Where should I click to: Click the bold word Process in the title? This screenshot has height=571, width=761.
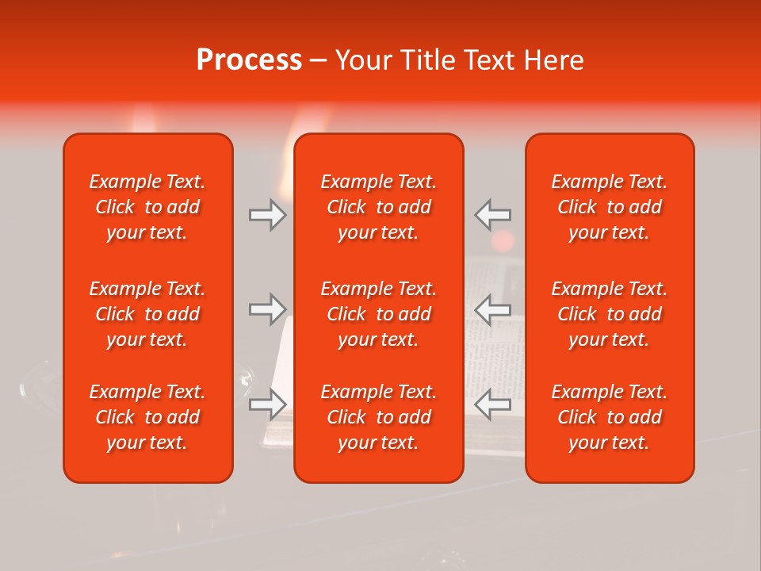(249, 60)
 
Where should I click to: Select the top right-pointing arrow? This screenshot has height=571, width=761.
(267, 215)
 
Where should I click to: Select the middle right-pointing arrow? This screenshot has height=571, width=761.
(267, 309)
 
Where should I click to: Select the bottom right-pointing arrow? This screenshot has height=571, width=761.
(267, 404)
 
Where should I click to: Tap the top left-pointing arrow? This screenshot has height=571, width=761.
(493, 215)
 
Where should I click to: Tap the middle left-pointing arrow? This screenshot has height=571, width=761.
(493, 309)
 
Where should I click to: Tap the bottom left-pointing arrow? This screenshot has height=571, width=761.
(493, 404)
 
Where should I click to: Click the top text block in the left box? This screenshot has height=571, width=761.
(147, 207)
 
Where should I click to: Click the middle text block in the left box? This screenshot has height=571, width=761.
(147, 314)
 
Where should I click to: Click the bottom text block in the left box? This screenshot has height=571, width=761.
(147, 417)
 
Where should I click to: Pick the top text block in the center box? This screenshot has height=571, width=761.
(378, 207)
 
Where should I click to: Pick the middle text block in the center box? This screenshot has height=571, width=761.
(378, 314)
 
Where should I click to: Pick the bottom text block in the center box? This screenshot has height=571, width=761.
(378, 417)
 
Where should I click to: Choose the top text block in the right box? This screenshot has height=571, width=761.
(609, 207)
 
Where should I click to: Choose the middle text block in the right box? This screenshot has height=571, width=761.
(609, 314)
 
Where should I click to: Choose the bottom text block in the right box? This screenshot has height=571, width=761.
(609, 417)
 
